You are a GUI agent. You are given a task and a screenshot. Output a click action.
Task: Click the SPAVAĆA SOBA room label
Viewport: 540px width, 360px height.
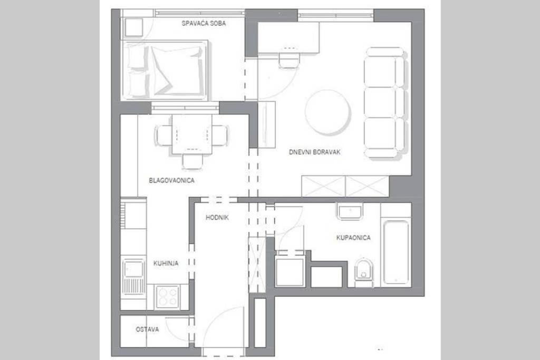(x=204, y=23)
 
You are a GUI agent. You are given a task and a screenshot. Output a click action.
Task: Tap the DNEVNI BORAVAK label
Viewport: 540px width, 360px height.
(x=315, y=152)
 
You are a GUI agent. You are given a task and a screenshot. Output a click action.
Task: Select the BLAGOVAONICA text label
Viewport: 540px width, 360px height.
(x=172, y=180)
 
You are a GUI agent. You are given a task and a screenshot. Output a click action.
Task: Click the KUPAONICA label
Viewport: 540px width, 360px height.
(x=353, y=238)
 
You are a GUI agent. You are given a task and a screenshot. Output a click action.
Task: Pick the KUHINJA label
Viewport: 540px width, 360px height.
(x=166, y=263)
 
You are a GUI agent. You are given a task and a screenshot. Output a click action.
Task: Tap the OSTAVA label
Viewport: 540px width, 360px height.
(x=147, y=329)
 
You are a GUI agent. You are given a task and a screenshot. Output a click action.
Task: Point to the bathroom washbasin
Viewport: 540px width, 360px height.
(x=350, y=212)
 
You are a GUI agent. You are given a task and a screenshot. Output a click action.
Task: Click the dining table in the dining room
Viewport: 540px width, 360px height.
(x=192, y=134)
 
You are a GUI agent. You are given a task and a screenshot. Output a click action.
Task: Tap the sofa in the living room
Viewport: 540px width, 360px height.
(x=385, y=102)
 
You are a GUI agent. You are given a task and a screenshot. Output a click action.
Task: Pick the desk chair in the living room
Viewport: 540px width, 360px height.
(x=288, y=59)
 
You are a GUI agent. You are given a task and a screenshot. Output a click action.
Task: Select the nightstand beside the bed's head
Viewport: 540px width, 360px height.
(x=134, y=26)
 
